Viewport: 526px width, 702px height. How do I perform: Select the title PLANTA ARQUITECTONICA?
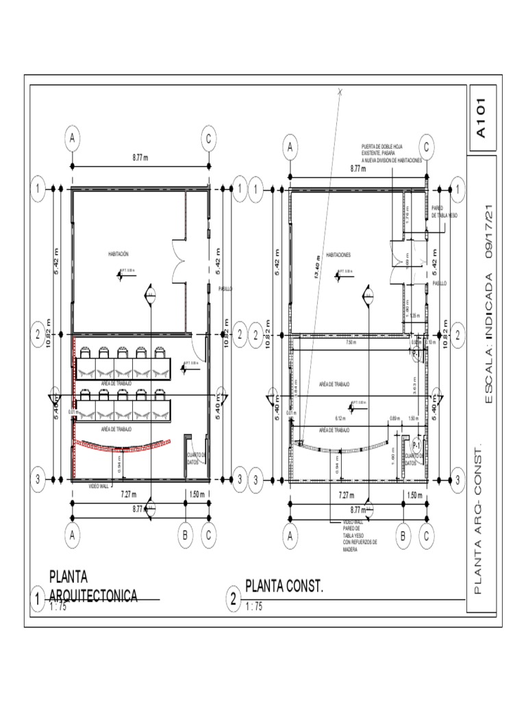pos(92,586)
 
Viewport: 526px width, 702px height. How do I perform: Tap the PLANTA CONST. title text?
pos(284,587)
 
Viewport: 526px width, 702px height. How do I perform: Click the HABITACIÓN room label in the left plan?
pos(118,254)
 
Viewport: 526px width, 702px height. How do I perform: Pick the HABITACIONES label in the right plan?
pos(338,254)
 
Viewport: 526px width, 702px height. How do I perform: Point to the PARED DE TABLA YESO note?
pos(444,212)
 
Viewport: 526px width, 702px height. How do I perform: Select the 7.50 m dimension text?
pos(351,343)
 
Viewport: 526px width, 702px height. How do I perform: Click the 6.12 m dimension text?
pos(339,418)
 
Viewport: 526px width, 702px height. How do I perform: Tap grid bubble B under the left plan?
pos(186,536)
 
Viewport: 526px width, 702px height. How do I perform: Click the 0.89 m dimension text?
pos(394,418)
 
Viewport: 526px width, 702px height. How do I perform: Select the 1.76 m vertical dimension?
pos(407,217)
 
